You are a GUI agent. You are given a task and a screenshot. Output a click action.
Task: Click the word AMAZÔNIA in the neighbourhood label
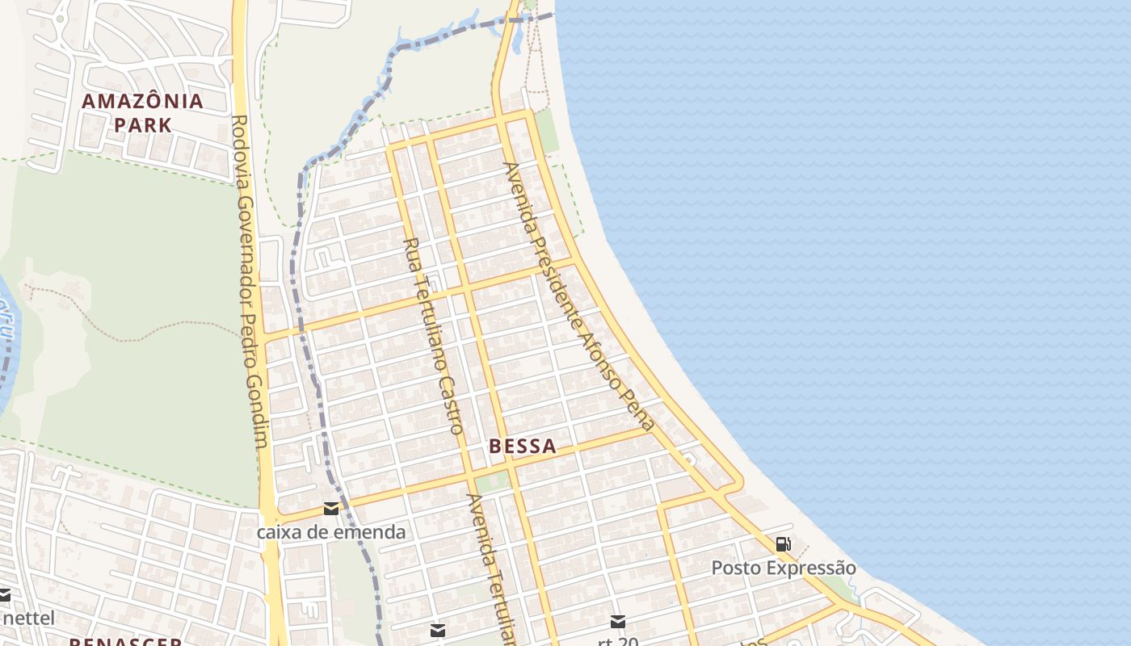pos(142,102)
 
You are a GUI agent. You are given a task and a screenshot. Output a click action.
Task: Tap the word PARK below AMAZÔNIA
pos(142,125)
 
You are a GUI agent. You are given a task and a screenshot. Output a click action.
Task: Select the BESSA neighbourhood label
pos(523,446)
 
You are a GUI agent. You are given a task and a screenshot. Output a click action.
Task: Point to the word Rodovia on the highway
pos(240,141)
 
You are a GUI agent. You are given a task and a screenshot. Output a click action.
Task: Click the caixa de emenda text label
pos(331,532)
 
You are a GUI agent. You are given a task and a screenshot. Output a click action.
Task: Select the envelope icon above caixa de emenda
pos(331,509)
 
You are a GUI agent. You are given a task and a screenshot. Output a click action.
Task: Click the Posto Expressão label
pos(783,568)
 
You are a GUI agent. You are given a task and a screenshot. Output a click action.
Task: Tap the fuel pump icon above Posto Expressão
pos(783,544)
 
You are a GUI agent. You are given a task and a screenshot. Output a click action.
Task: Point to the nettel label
pos(29,619)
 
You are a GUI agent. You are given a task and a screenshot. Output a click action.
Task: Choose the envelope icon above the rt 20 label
pos(618,621)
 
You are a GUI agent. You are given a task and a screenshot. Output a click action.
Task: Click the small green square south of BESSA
pos(490,482)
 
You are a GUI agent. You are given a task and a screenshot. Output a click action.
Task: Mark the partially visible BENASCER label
pos(125,641)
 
